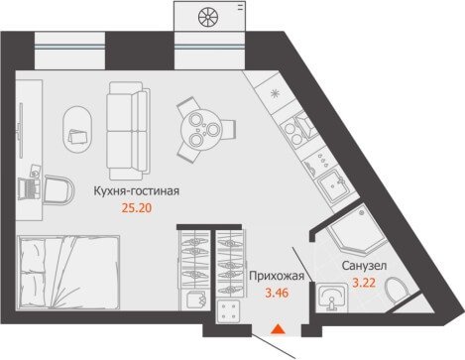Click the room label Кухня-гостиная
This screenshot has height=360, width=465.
click(137, 191)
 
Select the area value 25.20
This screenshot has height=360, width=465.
click(137, 208)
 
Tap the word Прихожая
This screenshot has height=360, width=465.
click(277, 276)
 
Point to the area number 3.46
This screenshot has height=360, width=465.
click(277, 293)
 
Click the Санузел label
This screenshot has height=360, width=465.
click(364, 266)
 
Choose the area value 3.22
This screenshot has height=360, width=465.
click(364, 283)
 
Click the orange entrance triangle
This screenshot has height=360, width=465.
click(278, 329)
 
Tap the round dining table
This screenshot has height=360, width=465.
click(201, 130)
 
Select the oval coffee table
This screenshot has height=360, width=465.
click(77, 129)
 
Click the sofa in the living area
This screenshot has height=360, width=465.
click(128, 131)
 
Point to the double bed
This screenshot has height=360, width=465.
click(69, 273)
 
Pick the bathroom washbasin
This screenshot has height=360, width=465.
click(331, 299)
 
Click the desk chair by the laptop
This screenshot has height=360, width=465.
click(58, 189)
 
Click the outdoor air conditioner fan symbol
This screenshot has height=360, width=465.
click(207, 17)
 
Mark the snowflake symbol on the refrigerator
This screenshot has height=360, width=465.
click(275, 94)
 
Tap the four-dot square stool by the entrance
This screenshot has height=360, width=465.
click(228, 311)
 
